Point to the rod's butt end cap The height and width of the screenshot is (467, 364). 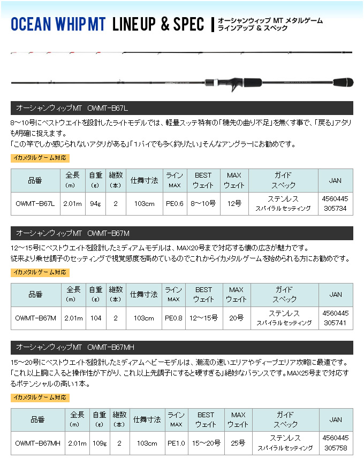(348, 83)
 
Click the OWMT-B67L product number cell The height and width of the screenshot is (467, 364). (35, 203)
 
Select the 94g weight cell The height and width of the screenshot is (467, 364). (95, 203)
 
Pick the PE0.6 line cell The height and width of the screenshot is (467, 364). (175, 203)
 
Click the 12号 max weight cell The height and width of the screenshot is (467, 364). (234, 203)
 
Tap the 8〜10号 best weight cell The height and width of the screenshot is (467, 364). (203, 203)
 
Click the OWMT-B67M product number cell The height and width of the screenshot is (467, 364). (35, 318)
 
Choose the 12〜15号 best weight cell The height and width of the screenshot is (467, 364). (203, 318)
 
